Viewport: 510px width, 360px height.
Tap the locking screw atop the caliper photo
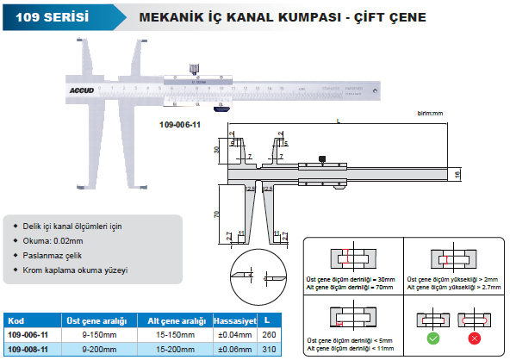pyautogui.click(x=195, y=65)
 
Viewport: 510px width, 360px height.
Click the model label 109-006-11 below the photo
pyautogui.click(x=180, y=125)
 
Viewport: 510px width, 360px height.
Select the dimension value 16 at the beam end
pyautogui.click(x=457, y=174)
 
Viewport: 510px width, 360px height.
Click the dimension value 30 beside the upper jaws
pyautogui.click(x=217, y=150)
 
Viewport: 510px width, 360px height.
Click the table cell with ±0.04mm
pyautogui.click(x=234, y=334)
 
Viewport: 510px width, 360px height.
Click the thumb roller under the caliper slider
pyautogui.click(x=222, y=109)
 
